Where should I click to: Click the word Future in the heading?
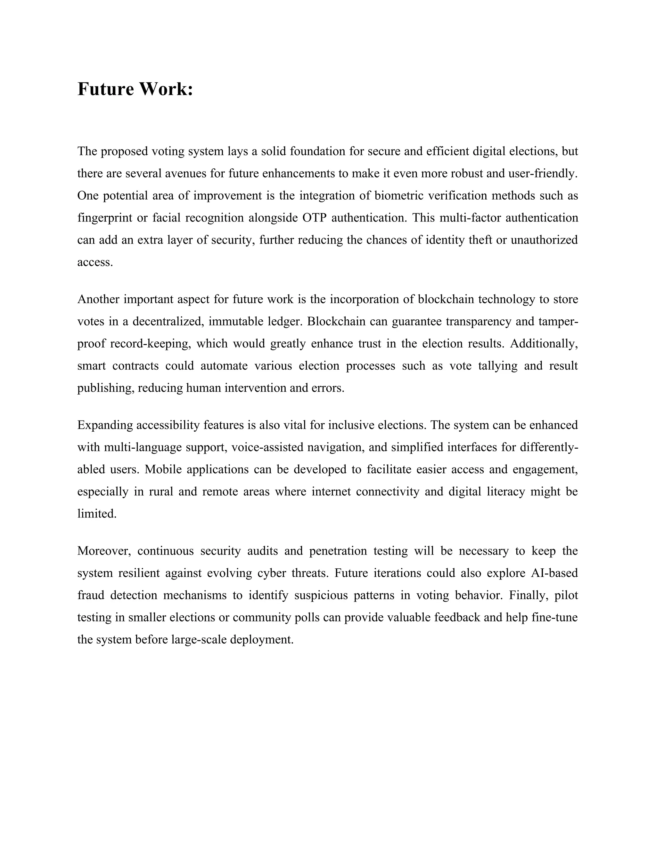click(x=105, y=89)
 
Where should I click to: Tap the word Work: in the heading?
click(x=166, y=89)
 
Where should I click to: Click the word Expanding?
click(x=105, y=425)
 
